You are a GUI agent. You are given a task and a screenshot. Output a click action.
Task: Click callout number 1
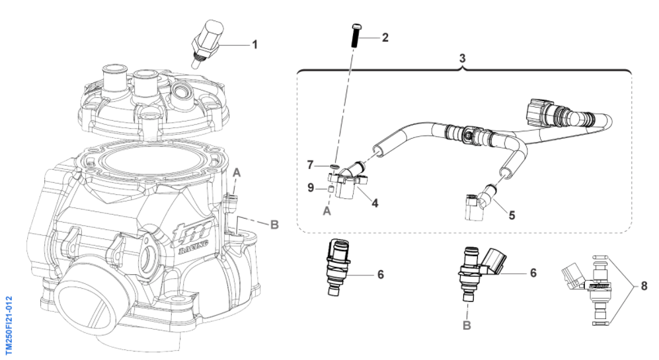tap(254, 44)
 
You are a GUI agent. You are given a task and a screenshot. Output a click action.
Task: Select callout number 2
tap(386, 38)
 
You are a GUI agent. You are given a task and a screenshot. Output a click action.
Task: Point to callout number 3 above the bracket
tap(463, 59)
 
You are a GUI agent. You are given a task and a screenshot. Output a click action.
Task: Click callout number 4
tap(375, 203)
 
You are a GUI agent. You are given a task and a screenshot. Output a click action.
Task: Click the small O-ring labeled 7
tap(334, 166)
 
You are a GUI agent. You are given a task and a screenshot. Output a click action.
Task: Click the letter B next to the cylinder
tap(274, 225)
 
